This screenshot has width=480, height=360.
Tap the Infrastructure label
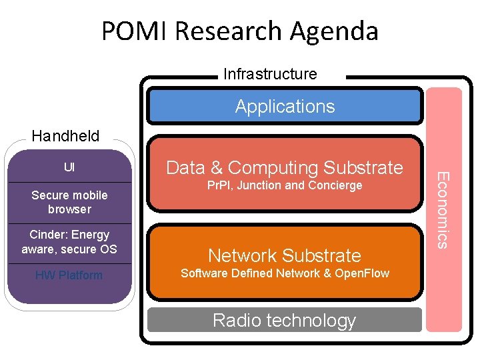(x=270, y=74)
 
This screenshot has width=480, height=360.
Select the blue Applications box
(x=285, y=107)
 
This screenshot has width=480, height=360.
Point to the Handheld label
(x=65, y=137)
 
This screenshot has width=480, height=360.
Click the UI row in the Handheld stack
(x=69, y=167)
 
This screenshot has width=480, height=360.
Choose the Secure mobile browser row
(x=69, y=202)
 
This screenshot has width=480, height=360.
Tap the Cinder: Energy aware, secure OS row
(x=69, y=242)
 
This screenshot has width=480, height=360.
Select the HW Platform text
(x=69, y=275)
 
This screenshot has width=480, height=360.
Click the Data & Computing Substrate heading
(x=285, y=167)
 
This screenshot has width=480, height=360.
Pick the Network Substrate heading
(x=285, y=255)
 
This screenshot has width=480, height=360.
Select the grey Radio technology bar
(x=285, y=320)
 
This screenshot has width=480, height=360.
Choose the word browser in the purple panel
(x=69, y=209)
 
